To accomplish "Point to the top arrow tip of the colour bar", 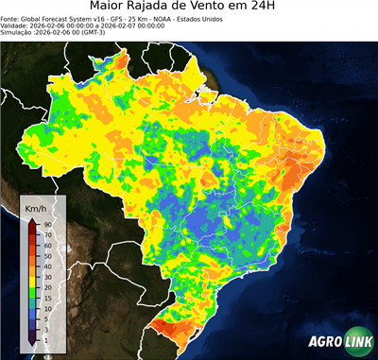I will [x=31, y=218].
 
